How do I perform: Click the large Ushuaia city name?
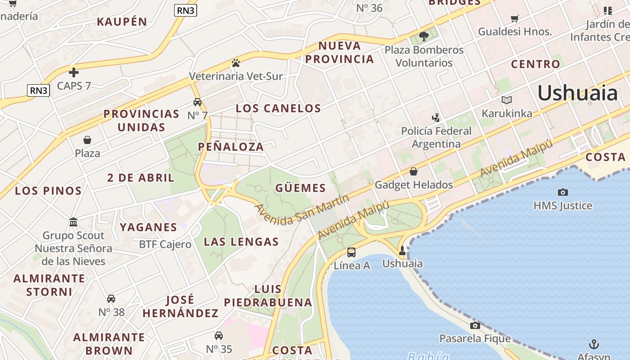tap(578, 93)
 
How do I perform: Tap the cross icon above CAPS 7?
tap(74, 72)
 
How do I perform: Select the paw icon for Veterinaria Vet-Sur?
tap(236, 63)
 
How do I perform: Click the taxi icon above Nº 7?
tap(197, 102)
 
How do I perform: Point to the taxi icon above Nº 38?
tap(111, 299)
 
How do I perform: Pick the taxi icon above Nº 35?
tap(219, 336)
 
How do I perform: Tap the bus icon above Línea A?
tap(351, 252)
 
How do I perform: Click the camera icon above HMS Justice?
tap(562, 192)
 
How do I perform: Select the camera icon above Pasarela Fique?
tap(475, 325)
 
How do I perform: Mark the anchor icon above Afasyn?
tap(594, 344)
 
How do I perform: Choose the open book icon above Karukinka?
tap(507, 100)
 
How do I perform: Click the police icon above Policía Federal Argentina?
tap(436, 118)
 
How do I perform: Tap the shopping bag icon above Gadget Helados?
tap(414, 171)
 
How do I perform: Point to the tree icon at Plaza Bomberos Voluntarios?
tap(423, 36)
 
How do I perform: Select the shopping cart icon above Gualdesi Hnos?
tap(515, 18)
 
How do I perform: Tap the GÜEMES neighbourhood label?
tap(300, 188)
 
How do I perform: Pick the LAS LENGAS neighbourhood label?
tap(241, 242)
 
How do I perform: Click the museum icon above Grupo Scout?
tap(73, 222)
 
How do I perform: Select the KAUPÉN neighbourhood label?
tap(122, 21)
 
